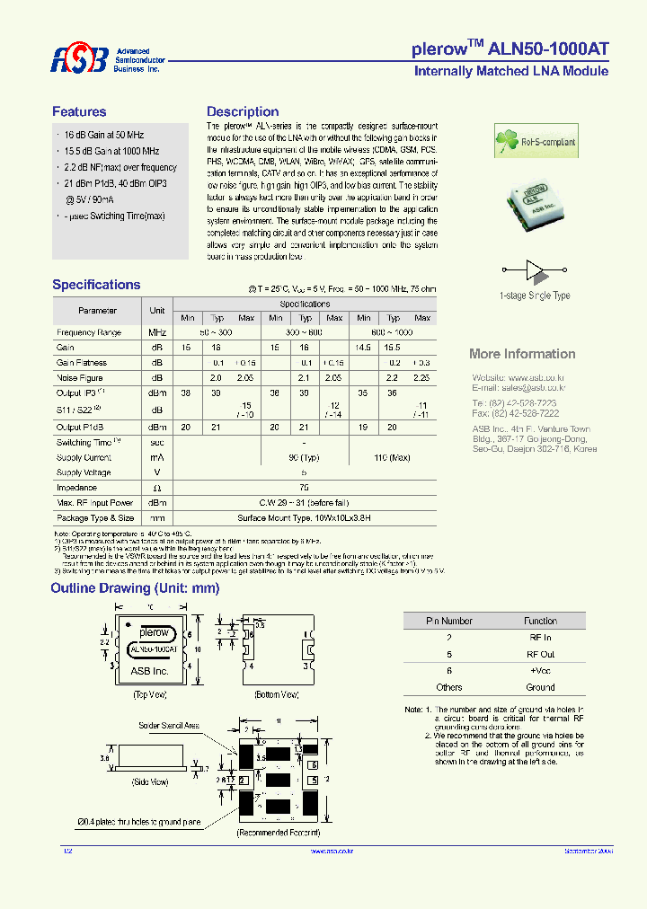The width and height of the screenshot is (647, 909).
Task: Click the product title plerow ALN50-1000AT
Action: (510, 50)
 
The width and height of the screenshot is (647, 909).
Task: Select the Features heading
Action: (79, 112)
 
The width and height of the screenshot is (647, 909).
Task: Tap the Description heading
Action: (243, 112)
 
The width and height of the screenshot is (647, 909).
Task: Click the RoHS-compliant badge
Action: (536, 142)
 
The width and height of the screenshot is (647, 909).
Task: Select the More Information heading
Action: (522, 354)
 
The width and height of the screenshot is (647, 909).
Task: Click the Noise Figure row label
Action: (80, 378)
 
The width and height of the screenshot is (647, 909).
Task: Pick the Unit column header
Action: (157, 311)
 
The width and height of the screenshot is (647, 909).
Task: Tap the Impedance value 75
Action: (305, 488)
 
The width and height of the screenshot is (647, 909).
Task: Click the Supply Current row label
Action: (84, 457)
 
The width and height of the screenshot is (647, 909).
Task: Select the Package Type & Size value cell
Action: (305, 518)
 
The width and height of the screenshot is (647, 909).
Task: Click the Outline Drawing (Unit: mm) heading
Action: (135, 588)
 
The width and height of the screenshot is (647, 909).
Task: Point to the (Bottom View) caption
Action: (277, 695)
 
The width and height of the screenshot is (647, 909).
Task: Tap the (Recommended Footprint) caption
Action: (279, 834)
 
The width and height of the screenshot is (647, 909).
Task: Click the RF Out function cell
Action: (540, 655)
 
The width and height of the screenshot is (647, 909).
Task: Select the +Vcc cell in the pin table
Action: (540, 671)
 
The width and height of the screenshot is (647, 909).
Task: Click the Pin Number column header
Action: (448, 621)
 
